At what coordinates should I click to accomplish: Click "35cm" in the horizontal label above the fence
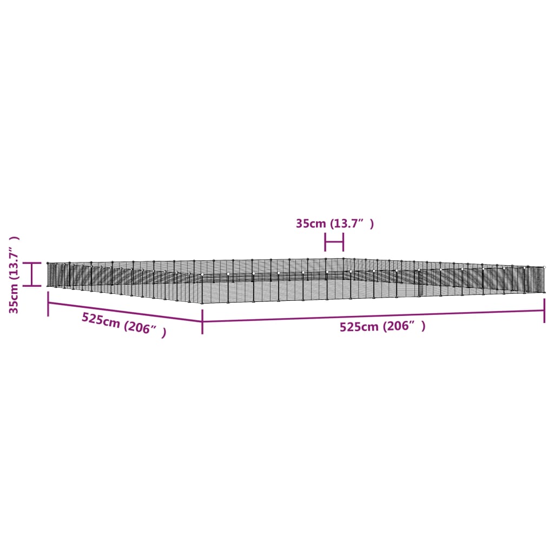(311, 223)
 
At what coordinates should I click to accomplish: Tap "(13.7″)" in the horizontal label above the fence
(352, 223)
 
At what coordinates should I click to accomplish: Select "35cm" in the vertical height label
(14, 300)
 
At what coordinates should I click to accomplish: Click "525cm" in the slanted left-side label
(101, 320)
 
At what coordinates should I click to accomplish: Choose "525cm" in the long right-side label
(359, 327)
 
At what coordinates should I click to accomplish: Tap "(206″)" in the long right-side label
(404, 326)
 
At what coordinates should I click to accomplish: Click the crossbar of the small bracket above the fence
(334, 242)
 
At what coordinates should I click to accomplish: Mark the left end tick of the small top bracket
(325, 242)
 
